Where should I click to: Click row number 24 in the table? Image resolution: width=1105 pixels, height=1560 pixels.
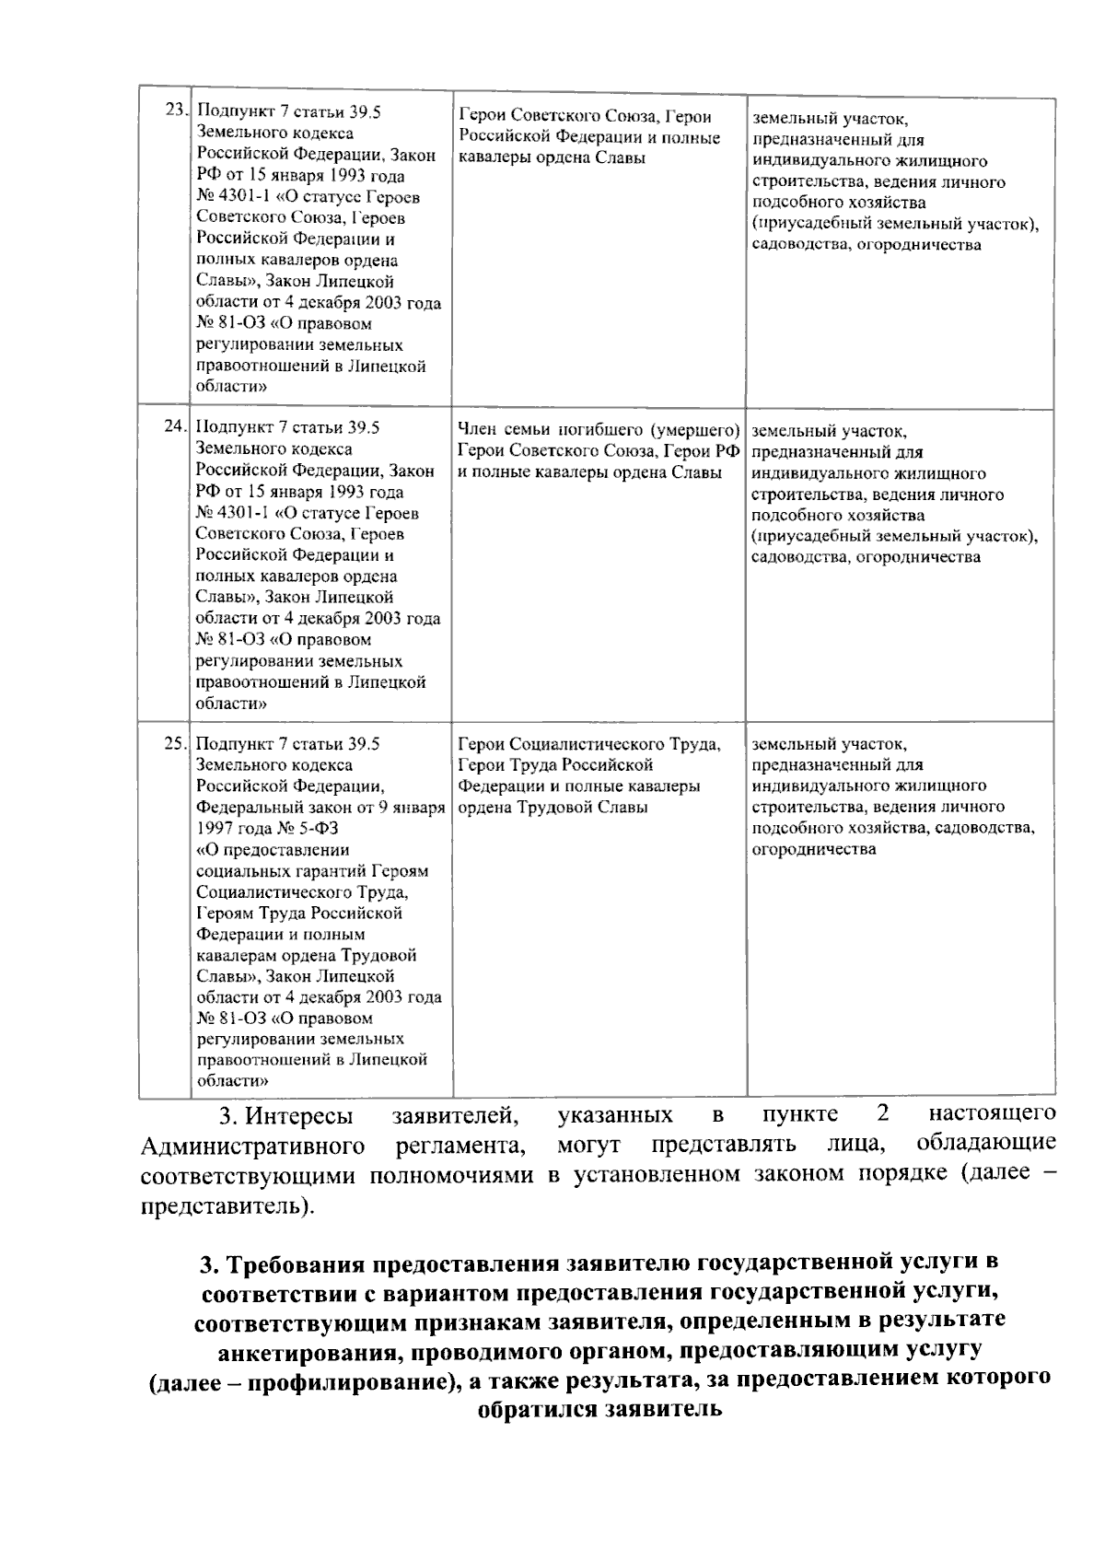174,427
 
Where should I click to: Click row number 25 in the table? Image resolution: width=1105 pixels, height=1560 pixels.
174,743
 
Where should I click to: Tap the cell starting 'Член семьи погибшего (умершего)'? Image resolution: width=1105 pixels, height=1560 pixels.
599,451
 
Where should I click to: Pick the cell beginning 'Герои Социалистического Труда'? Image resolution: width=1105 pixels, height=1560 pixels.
589,774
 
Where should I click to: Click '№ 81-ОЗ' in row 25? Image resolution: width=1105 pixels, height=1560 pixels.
231,1019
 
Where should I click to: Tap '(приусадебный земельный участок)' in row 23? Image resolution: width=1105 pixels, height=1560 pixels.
894,224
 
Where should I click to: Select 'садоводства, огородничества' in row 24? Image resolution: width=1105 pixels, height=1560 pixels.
865,557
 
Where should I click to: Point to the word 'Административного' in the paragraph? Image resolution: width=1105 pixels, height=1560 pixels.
252,1147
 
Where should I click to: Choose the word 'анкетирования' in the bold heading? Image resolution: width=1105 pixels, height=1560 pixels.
309,1351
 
